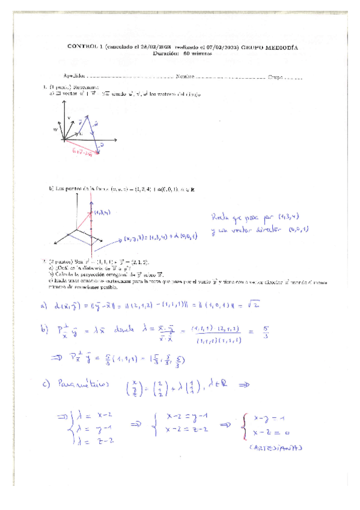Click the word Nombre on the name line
pyautogui.click(x=185, y=76)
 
